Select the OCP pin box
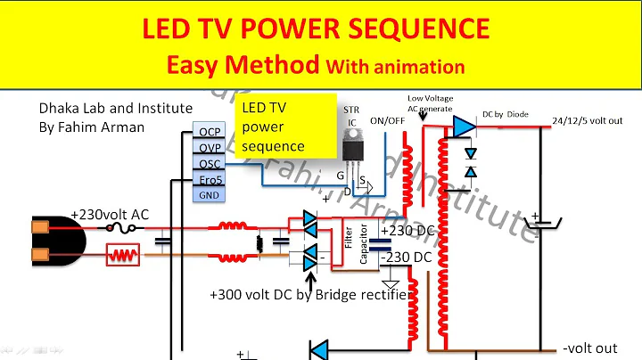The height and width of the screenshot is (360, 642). [210, 134]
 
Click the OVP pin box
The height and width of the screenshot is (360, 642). [210, 149]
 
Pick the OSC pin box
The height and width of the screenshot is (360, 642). [210, 164]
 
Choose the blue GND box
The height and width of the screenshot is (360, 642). [210, 195]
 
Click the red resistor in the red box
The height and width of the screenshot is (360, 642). [121, 257]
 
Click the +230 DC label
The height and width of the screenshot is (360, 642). [407, 231]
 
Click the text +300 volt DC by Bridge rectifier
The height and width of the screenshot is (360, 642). [309, 294]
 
